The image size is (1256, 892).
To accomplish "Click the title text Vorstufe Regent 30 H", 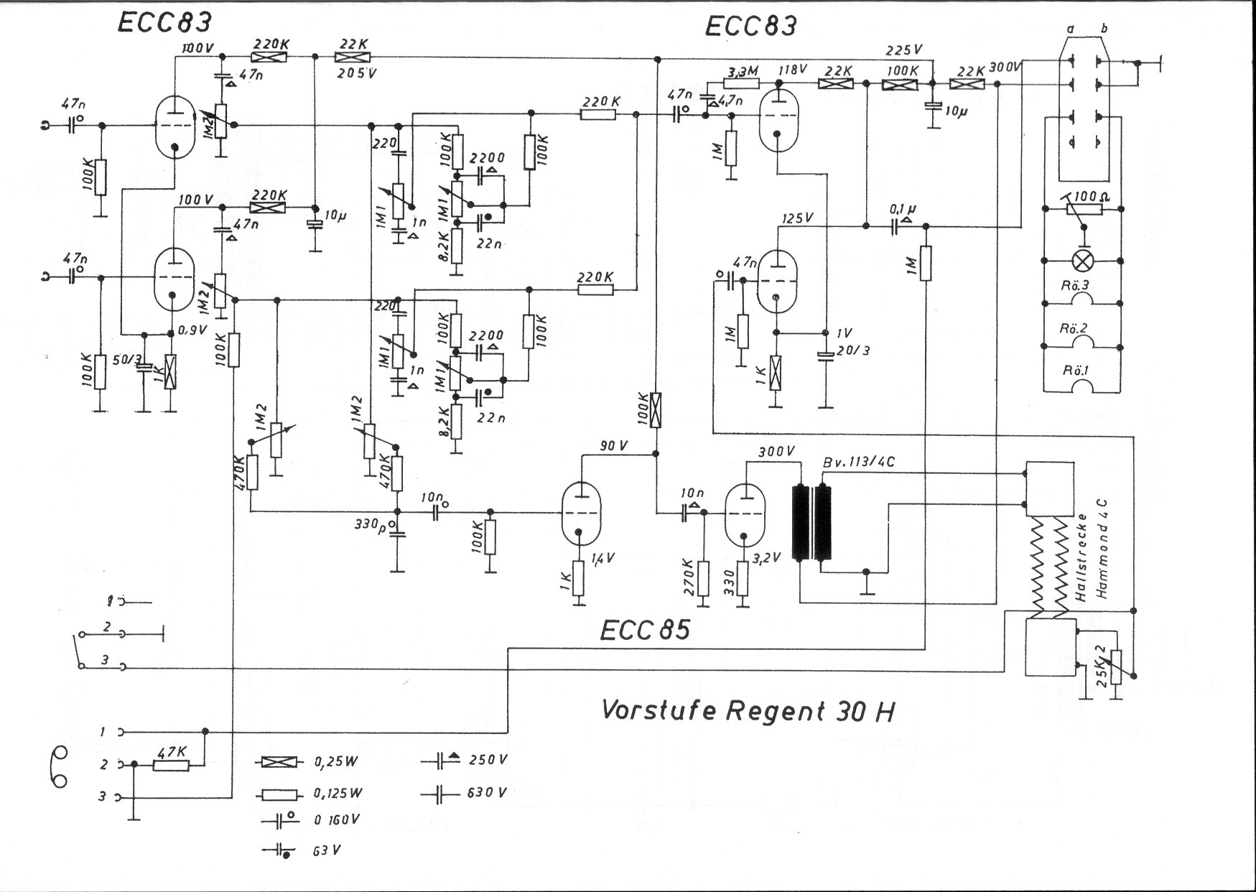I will [x=747, y=710].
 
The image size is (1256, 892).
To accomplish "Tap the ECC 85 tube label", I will [x=644, y=629].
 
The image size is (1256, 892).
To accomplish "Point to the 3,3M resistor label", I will [x=742, y=72].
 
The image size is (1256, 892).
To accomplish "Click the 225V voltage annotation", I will [x=903, y=50].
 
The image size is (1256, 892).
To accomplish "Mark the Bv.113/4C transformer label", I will [x=858, y=462].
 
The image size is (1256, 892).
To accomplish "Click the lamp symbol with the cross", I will [x=1080, y=260].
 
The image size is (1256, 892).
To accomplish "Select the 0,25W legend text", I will [x=338, y=762].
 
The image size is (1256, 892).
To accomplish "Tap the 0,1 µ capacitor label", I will [x=903, y=210].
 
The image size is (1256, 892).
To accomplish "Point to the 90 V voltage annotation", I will [x=613, y=445].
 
